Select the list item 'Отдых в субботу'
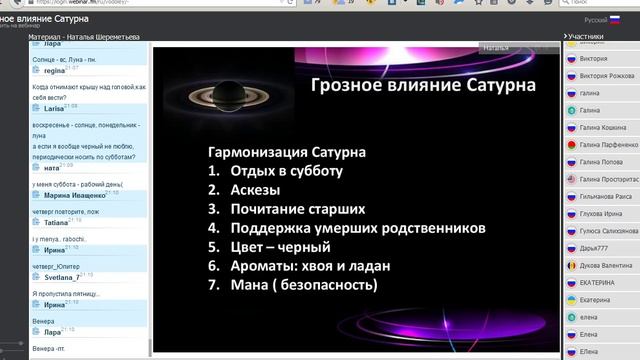point(286,171)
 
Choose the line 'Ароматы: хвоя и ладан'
point(309,266)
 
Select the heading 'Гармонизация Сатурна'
point(286,152)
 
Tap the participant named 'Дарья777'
point(598,248)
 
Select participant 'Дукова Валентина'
point(609,266)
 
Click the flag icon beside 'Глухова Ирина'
point(571,213)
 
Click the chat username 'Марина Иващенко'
point(75,196)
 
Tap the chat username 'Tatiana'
point(56,223)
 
